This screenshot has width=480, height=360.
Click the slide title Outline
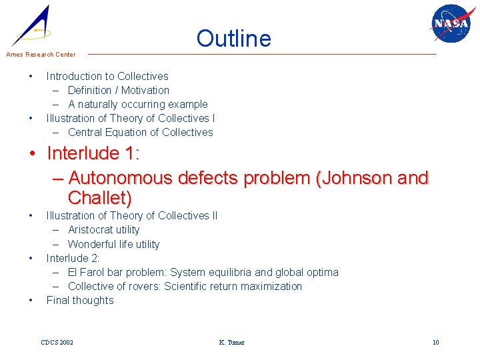pyautogui.click(x=233, y=39)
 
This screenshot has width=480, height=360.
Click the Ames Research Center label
pyautogui.click(x=41, y=55)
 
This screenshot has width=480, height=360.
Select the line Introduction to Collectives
pyautogui.click(x=107, y=77)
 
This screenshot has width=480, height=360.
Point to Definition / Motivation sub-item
pyautogui.click(x=119, y=91)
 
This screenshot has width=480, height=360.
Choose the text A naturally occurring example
pyautogui.click(x=138, y=105)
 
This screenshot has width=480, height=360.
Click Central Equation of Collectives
pyautogui.click(x=141, y=133)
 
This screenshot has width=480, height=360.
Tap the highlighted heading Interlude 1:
pyautogui.click(x=93, y=154)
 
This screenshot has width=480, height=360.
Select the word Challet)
pyautogui.click(x=99, y=198)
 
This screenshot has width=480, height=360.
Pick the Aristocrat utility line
pyautogui.click(x=104, y=230)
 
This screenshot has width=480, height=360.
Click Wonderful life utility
pyautogui.click(x=114, y=245)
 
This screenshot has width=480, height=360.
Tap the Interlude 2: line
pyautogui.click(x=73, y=258)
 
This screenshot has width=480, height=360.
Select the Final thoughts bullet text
pyautogui.click(x=80, y=301)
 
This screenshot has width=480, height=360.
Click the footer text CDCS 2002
pyautogui.click(x=57, y=343)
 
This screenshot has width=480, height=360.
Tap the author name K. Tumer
pyautogui.click(x=231, y=343)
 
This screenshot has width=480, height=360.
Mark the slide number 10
pyautogui.click(x=435, y=343)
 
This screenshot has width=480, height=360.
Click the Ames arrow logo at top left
pyautogui.click(x=32, y=25)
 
